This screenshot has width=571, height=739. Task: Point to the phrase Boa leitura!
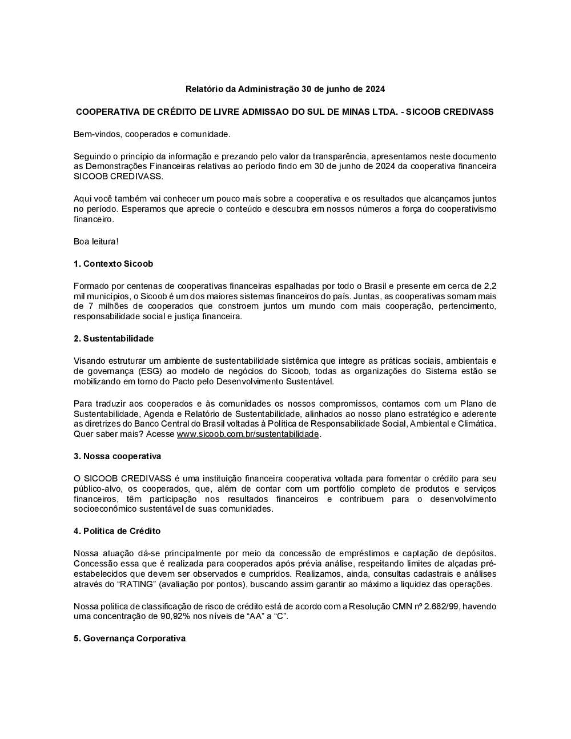[x=96, y=242]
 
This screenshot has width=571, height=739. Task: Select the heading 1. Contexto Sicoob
[x=113, y=264]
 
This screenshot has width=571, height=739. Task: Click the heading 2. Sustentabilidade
[x=114, y=339]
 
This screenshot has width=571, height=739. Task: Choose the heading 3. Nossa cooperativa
[x=117, y=456]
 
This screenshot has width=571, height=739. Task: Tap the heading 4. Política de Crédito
[x=117, y=531]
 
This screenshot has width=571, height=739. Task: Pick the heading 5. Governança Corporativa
[x=130, y=638]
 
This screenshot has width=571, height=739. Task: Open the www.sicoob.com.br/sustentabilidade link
[x=248, y=434]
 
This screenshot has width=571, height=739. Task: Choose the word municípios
[x=106, y=296]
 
